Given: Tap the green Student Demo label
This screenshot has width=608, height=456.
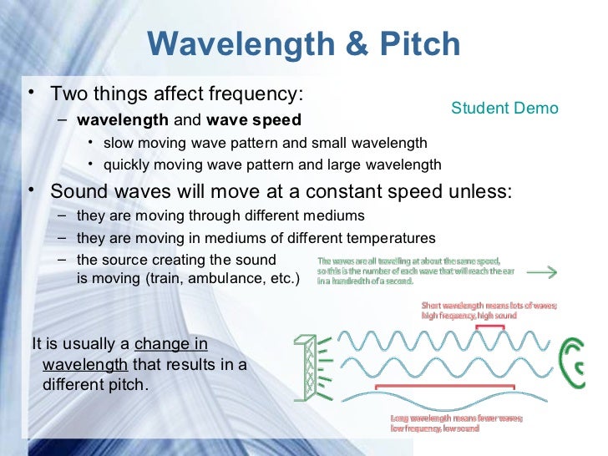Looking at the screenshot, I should coord(504,109).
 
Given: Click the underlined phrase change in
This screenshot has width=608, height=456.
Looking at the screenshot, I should coord(170,344).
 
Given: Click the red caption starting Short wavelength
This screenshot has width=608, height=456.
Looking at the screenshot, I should coord(489,310).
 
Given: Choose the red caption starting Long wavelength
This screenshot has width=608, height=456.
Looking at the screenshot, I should coord(456,423).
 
